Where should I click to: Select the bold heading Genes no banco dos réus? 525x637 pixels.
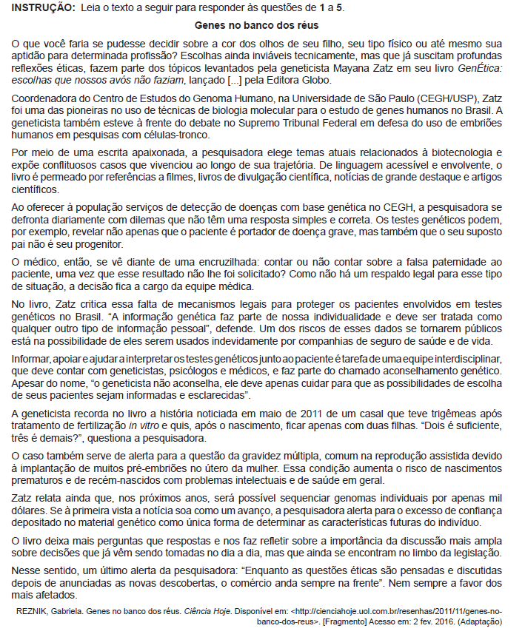click(261, 25)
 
